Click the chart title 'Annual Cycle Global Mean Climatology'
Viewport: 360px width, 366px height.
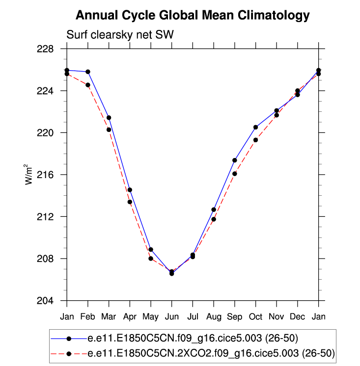193,15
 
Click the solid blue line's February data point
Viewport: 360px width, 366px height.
88,72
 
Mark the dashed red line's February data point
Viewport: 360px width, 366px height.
88,85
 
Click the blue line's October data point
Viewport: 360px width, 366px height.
255,127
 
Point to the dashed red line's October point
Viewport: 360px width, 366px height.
255,140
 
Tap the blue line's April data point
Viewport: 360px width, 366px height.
130,190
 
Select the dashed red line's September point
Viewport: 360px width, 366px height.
235,174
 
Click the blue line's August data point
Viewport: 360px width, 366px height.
214,209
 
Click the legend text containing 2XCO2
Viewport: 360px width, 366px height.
211,353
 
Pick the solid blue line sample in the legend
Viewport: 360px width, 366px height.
69,339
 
